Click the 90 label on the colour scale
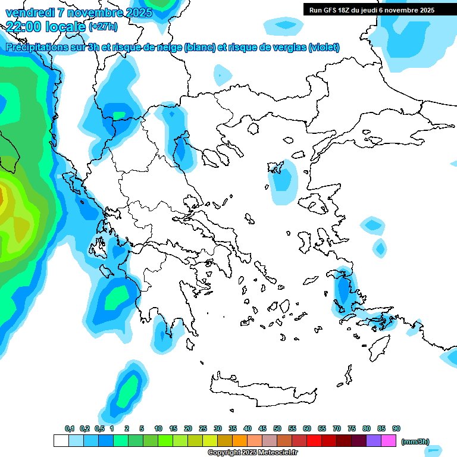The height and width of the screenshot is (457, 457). click(396, 428)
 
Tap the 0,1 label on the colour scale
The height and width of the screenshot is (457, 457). click(70, 428)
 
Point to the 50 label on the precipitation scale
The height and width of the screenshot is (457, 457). click(277, 428)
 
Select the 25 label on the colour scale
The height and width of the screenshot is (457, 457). click(203, 428)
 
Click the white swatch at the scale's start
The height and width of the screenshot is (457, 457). click(61, 440)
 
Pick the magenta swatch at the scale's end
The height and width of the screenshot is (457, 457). click(389, 440)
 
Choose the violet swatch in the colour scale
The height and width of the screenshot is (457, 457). click(374, 440)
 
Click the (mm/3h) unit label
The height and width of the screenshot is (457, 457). click(415, 442)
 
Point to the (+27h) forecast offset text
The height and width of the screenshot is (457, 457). click(103, 26)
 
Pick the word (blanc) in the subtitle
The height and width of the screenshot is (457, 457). click(200, 47)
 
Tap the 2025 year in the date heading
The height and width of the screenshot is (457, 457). click(139, 12)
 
